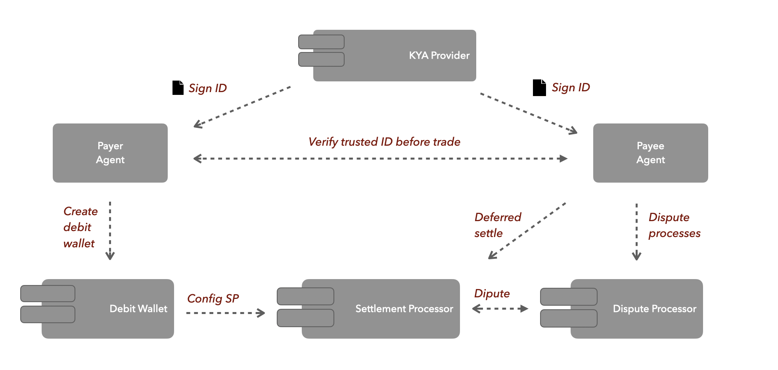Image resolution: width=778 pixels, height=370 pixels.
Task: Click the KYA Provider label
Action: tap(439, 56)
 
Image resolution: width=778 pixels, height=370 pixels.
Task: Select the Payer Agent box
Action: tap(110, 153)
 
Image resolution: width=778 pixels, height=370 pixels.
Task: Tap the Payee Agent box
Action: tap(650, 153)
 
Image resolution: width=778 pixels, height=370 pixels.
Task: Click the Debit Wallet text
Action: tap(138, 309)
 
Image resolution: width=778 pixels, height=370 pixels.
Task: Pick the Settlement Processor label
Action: tap(404, 309)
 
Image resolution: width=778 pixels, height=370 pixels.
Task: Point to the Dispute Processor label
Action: tap(654, 309)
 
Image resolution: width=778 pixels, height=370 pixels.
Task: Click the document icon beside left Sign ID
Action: tap(178, 88)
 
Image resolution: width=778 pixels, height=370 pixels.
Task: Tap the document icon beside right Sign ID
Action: tap(539, 88)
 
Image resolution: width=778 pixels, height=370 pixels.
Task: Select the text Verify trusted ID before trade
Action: tap(384, 142)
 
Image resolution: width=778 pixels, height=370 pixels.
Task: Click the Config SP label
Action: tap(213, 299)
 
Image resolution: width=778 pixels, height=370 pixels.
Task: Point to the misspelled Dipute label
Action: tap(492, 293)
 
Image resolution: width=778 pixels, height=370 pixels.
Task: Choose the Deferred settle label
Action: tap(498, 225)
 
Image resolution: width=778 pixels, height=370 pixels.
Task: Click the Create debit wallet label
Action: tap(80, 227)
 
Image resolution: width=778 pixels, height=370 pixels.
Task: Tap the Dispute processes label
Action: tap(674, 225)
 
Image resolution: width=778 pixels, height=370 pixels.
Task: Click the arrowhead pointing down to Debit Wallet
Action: tap(110, 256)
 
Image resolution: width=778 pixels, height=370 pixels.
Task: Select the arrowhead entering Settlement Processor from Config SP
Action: tap(261, 313)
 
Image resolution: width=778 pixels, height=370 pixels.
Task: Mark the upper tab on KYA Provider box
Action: tap(321, 42)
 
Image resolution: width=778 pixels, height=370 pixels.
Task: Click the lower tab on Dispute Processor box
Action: tap(569, 318)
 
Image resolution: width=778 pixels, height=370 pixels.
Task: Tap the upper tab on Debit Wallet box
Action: tap(48, 293)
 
